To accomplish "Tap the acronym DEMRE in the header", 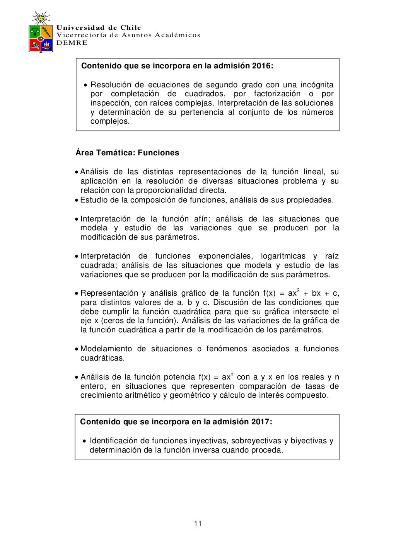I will tap(72, 43).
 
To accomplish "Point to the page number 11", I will tap(198, 524).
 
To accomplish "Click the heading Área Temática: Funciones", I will tap(127, 153).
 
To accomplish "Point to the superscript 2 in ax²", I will tap(298, 290).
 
